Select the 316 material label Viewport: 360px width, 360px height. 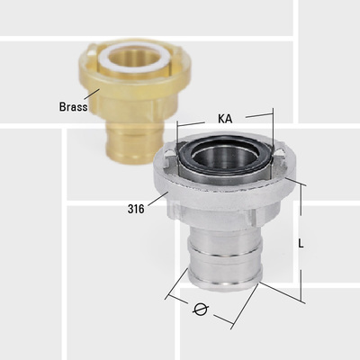pos(136,208)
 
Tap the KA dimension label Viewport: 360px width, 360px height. pos(227,118)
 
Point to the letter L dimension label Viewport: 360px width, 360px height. pos(301,243)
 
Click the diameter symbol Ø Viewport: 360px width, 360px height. pos(202,310)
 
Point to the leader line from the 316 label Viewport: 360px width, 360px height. pos(154,199)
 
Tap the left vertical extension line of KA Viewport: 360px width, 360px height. pos(177,135)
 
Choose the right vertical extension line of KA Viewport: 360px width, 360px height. pos(271,130)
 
